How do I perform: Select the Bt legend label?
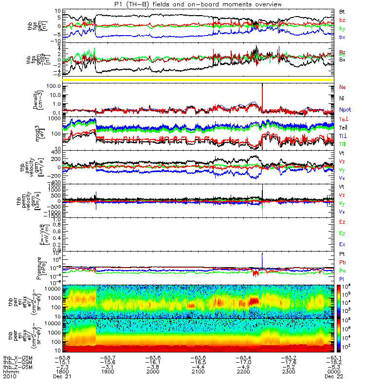pos(343,11)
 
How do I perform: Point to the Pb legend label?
pos(343,262)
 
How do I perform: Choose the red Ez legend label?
pos(343,222)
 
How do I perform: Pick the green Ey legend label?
pos(343,233)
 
